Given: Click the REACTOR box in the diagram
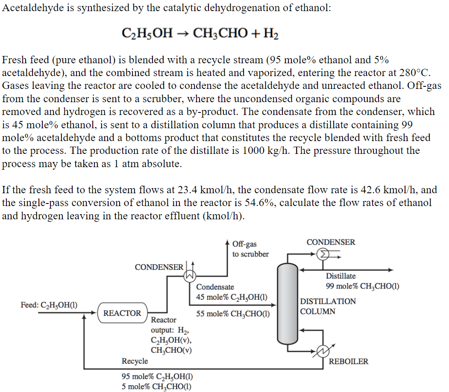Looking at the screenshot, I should pos(122,313).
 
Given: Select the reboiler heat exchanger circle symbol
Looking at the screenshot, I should pos(323,351).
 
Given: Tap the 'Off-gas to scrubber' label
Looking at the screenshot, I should pos(250,249).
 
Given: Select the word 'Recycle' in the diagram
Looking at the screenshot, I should pos(135,361).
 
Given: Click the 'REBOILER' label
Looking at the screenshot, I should pos(348,362).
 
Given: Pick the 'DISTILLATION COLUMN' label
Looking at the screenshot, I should pos(328,307).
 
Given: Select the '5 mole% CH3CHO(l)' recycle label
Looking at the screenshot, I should pos(156,387).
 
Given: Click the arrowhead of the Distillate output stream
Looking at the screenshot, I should pos(390,270).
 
